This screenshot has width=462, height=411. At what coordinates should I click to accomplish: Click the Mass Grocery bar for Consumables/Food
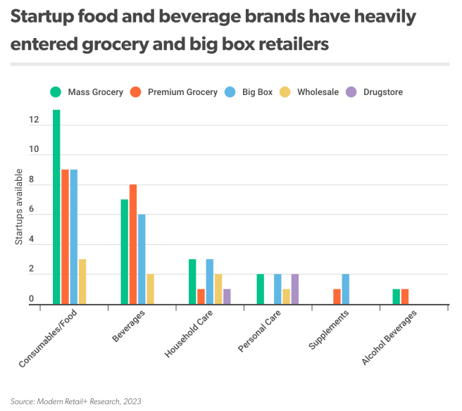(56, 207)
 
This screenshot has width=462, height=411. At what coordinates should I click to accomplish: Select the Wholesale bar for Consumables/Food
(82, 282)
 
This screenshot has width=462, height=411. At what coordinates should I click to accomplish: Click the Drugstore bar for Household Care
(227, 296)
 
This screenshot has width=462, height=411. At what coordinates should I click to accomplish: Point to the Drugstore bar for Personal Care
(294, 289)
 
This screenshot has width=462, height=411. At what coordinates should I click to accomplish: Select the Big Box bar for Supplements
(345, 289)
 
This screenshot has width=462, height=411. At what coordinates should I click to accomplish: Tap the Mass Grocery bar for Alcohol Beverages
(397, 296)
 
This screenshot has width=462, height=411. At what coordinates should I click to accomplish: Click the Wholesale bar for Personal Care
(286, 296)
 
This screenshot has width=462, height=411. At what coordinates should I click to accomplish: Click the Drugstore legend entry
(382, 92)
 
